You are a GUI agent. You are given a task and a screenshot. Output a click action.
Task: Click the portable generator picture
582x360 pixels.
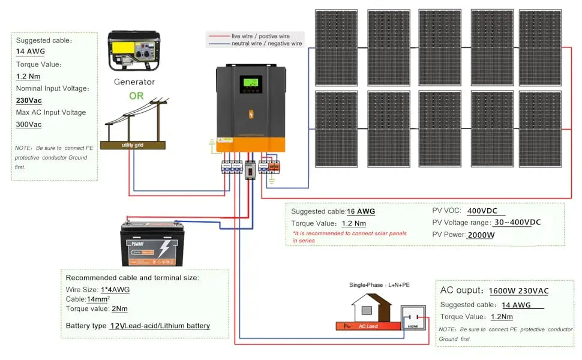134,52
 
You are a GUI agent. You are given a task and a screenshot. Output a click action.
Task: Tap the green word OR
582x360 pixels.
137,95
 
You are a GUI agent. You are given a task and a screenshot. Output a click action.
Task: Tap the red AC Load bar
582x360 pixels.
367,326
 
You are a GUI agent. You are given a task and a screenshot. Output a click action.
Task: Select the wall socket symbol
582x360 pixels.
413,318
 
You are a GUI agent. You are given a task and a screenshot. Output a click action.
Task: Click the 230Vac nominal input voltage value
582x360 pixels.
28,101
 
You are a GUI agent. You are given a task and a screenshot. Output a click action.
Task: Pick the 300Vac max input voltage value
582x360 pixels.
29,125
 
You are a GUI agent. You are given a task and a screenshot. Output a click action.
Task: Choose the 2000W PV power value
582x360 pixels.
481,235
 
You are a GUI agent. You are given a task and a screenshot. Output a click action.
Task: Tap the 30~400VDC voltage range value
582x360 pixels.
517,223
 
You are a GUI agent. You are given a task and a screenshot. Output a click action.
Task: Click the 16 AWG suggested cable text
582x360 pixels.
361,211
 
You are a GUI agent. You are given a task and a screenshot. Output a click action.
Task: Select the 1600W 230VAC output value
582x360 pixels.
518,291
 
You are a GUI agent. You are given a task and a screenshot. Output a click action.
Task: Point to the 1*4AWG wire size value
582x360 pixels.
114,290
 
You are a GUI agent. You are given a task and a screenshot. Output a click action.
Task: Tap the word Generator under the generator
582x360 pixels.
134,82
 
